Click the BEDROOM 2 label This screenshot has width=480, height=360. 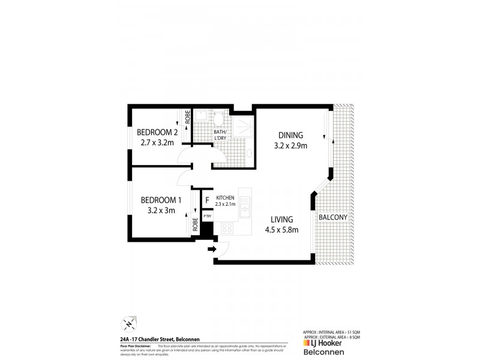[157, 133]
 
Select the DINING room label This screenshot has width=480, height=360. [290, 135]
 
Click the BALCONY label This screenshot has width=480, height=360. [334, 217]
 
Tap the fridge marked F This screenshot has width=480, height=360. [207, 200]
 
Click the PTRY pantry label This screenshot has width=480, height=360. [207, 216]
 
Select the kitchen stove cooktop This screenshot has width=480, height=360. [228, 228]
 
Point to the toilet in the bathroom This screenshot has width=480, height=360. [220, 118]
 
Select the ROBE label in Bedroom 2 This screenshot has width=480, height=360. [187, 118]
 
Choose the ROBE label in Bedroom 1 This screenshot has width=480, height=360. [196, 225]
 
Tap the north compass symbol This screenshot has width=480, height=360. [128, 325]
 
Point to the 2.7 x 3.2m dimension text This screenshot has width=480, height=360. [157, 143]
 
